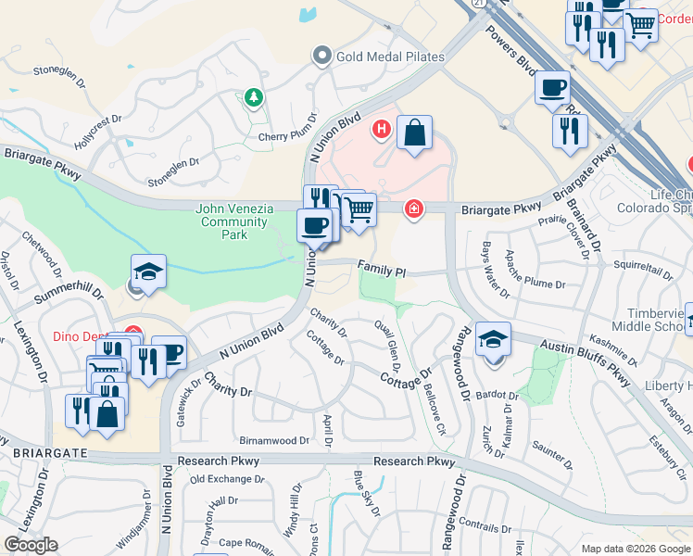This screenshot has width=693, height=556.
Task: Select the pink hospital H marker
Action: click(x=380, y=129)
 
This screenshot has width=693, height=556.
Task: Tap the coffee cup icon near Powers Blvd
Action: click(x=552, y=88)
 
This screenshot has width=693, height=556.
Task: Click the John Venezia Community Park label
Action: click(x=234, y=221)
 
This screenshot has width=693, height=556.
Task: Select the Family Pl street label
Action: click(x=382, y=267)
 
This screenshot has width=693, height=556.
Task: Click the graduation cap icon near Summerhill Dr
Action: click(x=148, y=272)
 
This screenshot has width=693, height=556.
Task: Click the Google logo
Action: click(x=31, y=544)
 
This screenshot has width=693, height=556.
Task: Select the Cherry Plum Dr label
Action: click(x=288, y=137)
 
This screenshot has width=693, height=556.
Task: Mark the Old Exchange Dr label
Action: click(x=227, y=479)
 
